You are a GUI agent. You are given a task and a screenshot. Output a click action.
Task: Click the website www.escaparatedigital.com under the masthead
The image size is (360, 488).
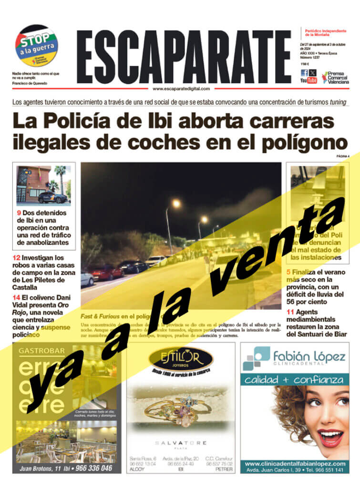tap(181, 89)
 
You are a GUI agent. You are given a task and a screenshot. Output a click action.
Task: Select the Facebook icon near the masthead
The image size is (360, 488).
tap(304, 73)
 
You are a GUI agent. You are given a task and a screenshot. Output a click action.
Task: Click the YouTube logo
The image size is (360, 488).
tap(308, 81)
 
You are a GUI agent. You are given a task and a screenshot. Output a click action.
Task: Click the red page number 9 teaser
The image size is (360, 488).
tap(19, 213)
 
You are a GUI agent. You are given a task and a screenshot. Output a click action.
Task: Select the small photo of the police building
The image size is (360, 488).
tap(43, 185)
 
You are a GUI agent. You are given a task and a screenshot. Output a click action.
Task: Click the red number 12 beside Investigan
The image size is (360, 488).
tap(17, 258)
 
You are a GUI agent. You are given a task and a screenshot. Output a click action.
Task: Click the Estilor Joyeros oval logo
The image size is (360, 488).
tap(180, 358)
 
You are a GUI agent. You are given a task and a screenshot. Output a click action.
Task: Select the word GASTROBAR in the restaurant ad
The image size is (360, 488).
tap(41, 352)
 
